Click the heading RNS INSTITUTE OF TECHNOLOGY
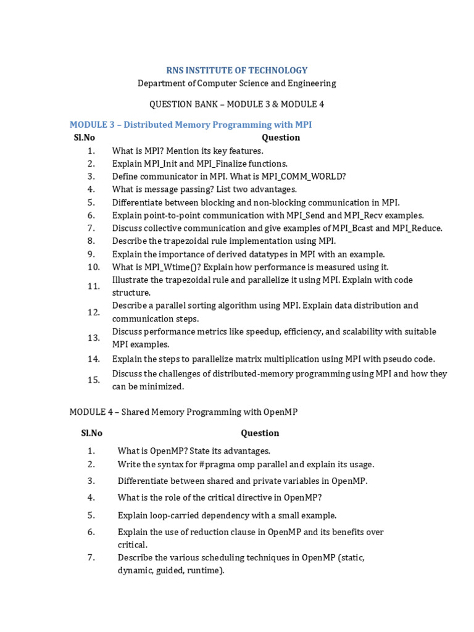[237, 70]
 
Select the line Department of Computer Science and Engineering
[237, 83]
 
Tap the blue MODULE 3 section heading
[191, 125]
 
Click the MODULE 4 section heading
[183, 412]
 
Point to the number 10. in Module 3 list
[94, 267]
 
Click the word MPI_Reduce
[420, 228]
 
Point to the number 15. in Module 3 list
[94, 380]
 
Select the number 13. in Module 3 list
[94, 338]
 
